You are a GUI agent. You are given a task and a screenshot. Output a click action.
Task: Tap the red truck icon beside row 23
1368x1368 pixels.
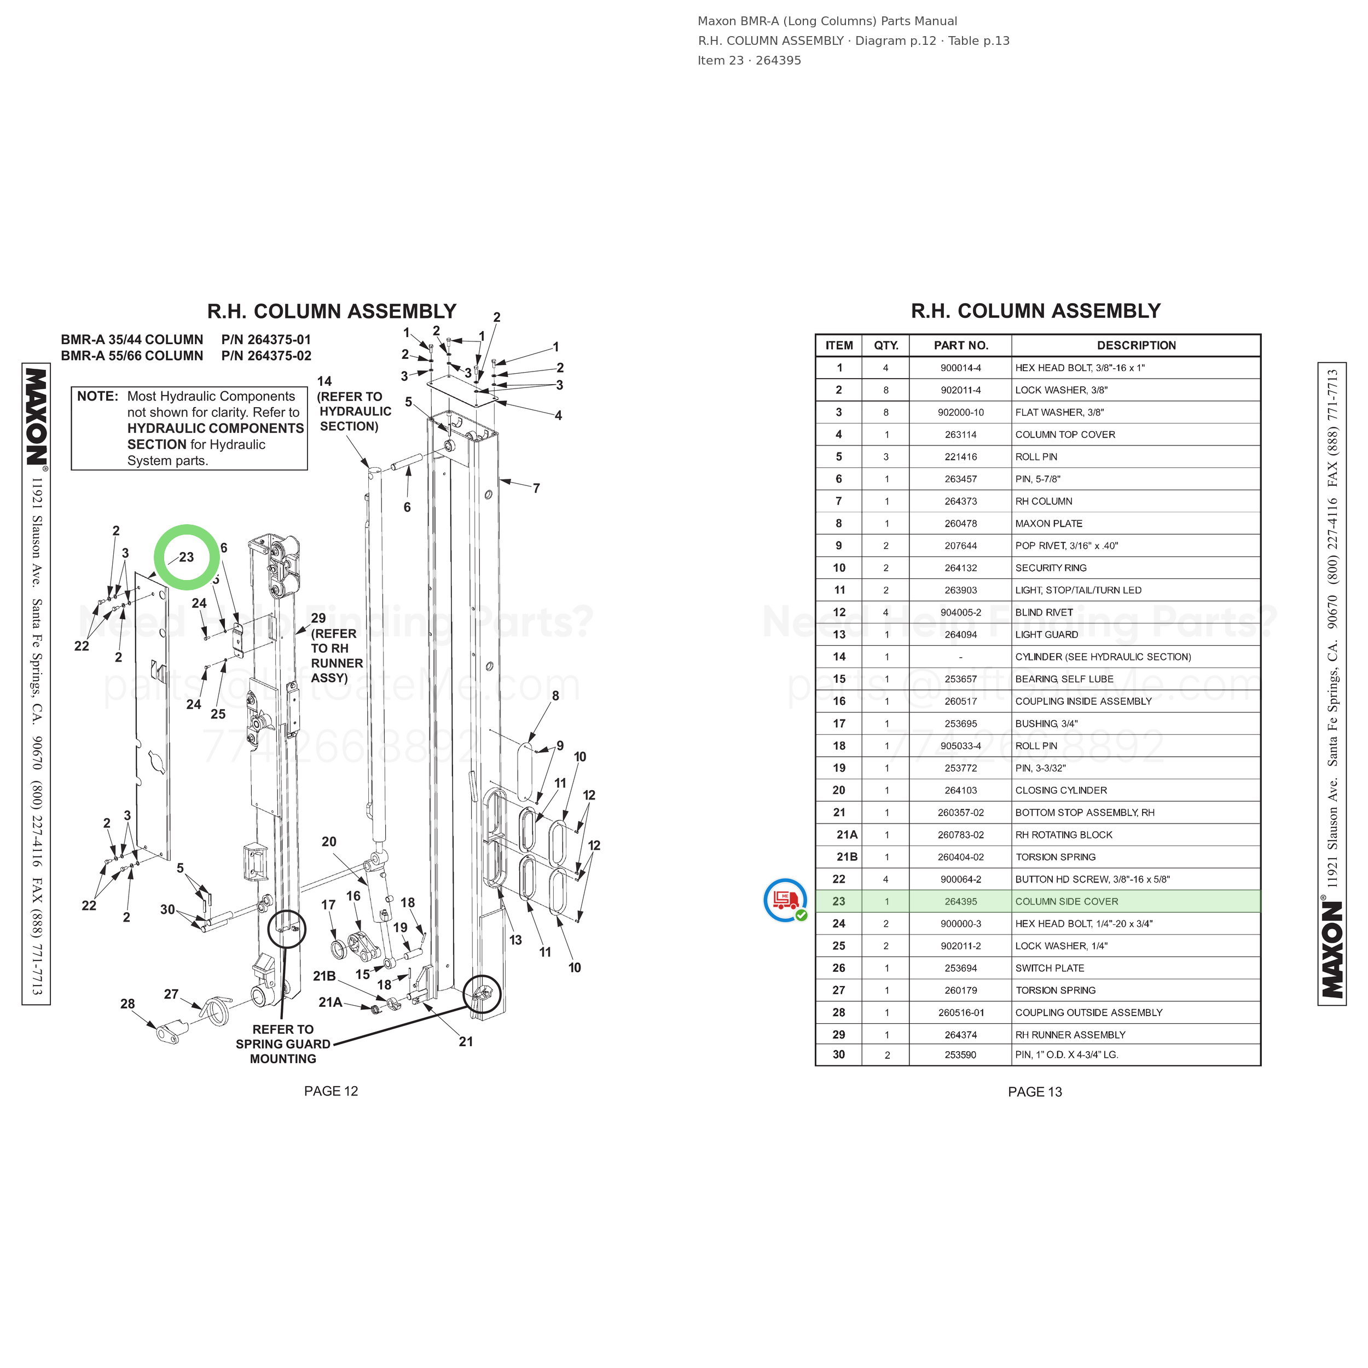pyautogui.click(x=785, y=900)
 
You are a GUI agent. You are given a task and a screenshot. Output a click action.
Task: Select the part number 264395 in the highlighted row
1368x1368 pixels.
pyautogui.click(x=960, y=901)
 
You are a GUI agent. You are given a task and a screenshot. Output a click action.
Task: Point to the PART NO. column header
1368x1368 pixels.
pyautogui.click(x=961, y=345)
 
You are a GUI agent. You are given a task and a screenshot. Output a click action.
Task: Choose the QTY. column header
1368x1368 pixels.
pyautogui.click(x=886, y=345)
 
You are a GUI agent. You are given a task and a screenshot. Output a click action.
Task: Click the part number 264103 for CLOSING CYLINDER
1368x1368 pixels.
pyautogui.click(x=960, y=790)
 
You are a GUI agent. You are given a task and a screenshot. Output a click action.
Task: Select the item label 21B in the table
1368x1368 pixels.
pyautogui.click(x=847, y=857)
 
